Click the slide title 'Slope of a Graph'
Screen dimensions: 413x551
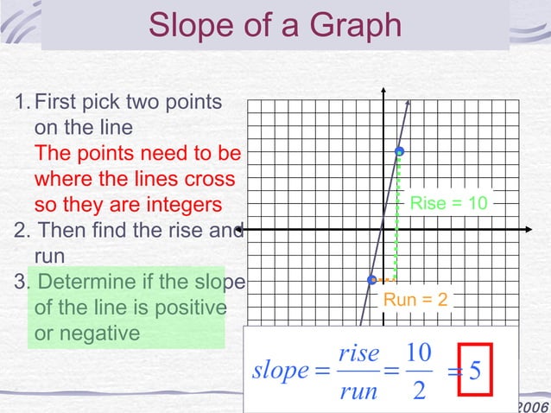point(275,25)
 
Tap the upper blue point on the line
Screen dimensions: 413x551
point(399,152)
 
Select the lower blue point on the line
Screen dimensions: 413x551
point(371,280)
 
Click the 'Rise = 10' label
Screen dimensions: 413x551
point(448,203)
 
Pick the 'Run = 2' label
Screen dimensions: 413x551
point(415,300)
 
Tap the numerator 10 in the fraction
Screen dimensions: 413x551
point(418,353)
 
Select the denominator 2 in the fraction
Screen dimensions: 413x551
point(419,391)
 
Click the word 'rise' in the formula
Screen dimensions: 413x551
point(358,353)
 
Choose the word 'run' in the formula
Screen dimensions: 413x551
point(358,391)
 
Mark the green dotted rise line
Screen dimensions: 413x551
point(397,216)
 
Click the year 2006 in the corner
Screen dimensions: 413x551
point(532,406)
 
